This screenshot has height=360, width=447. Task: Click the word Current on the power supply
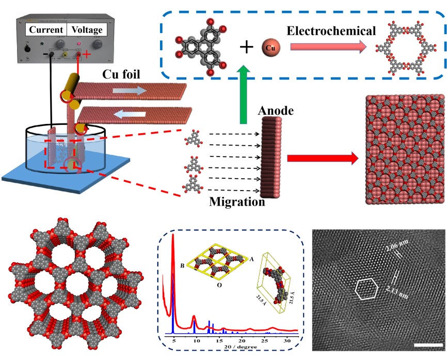click(46, 30)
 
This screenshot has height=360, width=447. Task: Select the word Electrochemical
click(331, 32)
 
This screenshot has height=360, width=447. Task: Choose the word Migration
click(237, 202)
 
